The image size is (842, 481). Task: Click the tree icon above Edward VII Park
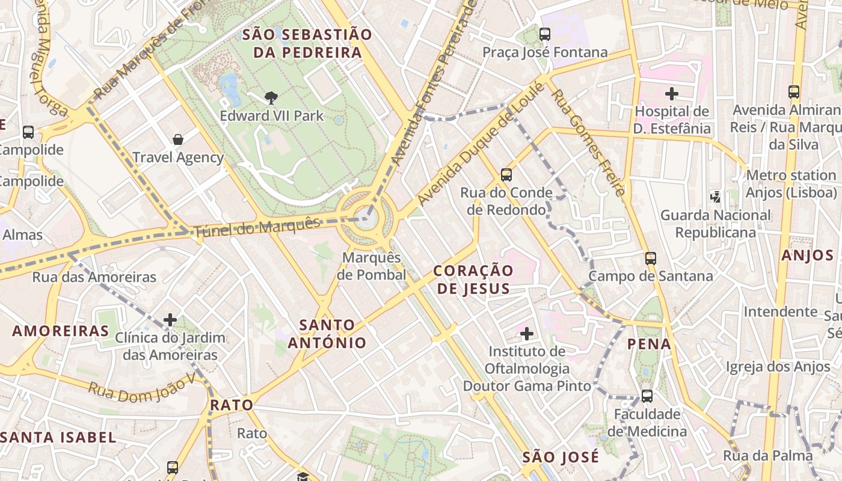click(x=271, y=97)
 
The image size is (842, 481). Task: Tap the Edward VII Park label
click(x=271, y=115)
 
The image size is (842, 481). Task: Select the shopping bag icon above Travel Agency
click(x=178, y=139)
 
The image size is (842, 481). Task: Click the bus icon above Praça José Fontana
click(x=545, y=34)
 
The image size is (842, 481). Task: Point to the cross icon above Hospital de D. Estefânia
click(x=672, y=94)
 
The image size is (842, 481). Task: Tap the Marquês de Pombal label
click(x=371, y=266)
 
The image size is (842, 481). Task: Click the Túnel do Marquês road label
click(x=257, y=227)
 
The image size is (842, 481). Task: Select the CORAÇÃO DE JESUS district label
click(x=473, y=279)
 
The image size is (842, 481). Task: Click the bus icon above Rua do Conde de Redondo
click(x=506, y=175)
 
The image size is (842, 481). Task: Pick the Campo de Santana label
click(x=650, y=276)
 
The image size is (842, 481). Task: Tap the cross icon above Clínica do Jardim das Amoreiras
click(x=170, y=320)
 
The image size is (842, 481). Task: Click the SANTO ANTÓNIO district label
click(x=327, y=334)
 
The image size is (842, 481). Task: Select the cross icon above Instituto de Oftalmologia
click(x=527, y=333)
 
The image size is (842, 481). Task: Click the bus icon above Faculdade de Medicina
click(x=647, y=396)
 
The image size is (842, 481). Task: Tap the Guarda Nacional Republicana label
click(x=715, y=223)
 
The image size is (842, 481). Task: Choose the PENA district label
click(x=649, y=344)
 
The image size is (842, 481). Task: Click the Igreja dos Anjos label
click(x=769, y=366)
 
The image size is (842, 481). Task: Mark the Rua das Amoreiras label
click(x=94, y=277)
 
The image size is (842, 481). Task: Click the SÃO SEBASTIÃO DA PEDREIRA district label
click(x=307, y=43)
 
